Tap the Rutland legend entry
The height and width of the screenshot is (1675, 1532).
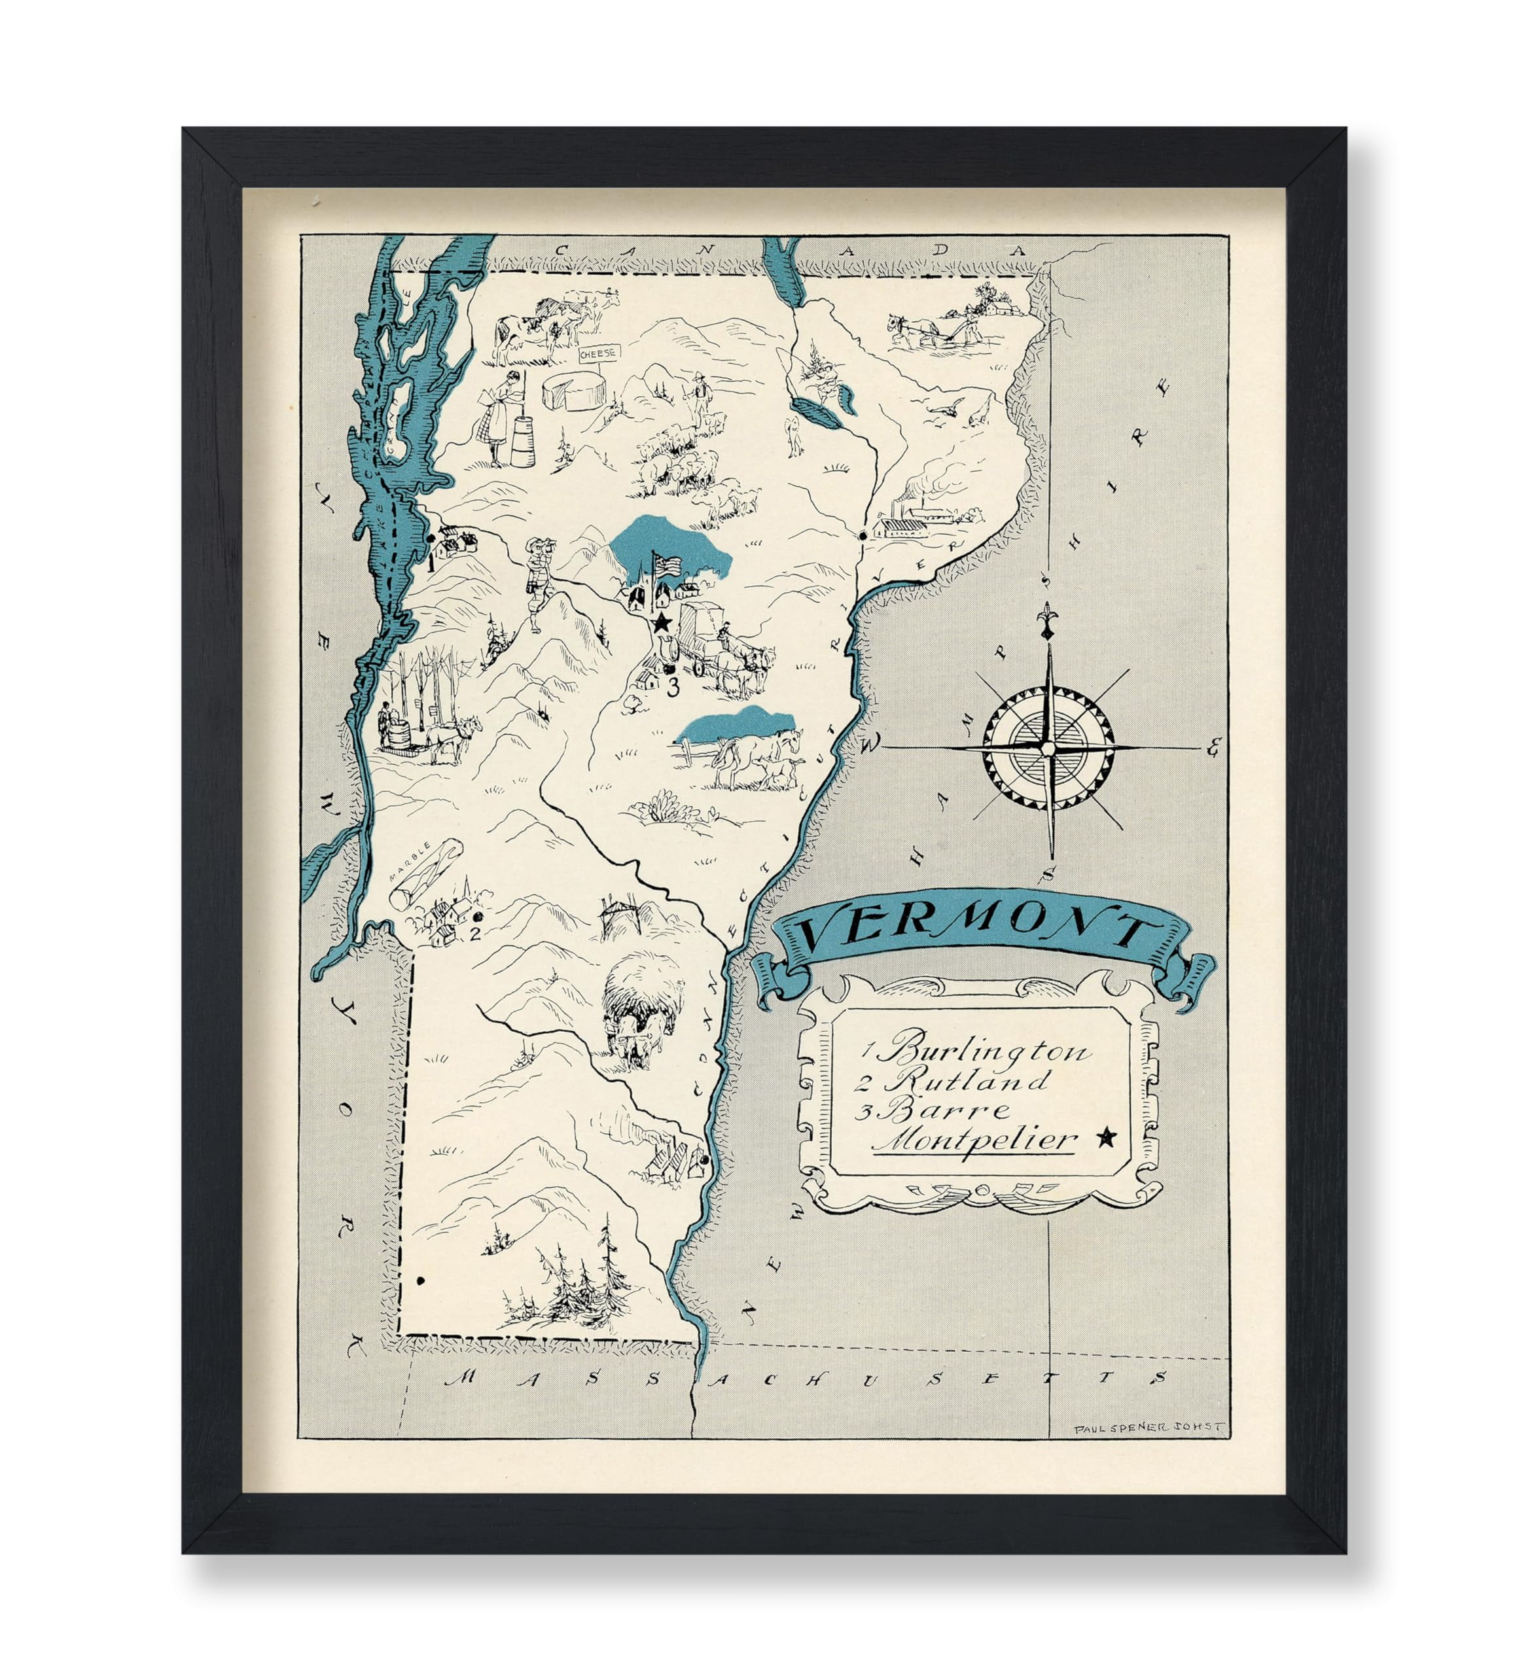click(x=968, y=1081)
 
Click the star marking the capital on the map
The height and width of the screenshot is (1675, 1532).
click(x=662, y=622)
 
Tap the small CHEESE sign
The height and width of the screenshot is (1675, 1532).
click(x=599, y=353)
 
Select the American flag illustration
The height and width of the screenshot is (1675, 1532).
click(x=665, y=564)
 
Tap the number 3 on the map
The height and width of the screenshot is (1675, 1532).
click(x=672, y=686)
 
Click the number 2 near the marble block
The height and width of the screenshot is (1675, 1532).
click(x=474, y=933)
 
